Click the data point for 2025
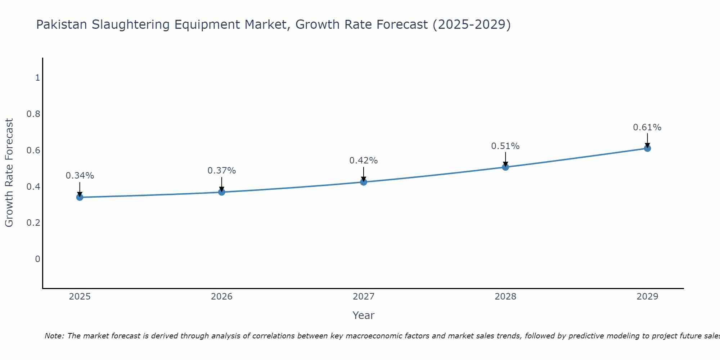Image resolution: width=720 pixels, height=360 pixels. [80, 197]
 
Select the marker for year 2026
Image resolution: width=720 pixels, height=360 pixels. [222, 192]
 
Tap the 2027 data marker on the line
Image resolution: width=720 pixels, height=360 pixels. [364, 182]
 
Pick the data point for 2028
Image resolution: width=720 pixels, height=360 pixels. [505, 167]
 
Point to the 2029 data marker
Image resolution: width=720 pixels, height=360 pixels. [647, 148]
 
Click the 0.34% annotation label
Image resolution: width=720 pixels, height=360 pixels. [80, 176]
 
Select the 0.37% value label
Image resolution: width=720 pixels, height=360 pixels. [222, 171]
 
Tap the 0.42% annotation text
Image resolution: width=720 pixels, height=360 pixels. [364, 161]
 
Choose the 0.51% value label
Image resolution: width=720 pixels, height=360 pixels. [505, 146]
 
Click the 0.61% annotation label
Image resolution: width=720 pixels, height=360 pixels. [647, 127]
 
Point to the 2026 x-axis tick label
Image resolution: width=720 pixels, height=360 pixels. [222, 297]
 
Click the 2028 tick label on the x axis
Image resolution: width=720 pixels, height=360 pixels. [505, 297]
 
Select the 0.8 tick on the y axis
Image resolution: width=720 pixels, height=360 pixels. [33, 114]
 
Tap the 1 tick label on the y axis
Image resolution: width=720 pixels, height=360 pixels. [37, 78]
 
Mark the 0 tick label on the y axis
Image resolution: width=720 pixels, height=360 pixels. [37, 259]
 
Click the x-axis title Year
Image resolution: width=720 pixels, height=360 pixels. [364, 315]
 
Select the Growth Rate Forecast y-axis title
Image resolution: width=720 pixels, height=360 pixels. [9, 173]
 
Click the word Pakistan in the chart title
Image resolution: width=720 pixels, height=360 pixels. [62, 25]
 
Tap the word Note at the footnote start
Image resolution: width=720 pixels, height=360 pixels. [54, 336]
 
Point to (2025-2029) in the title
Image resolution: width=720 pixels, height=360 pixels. [472, 25]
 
